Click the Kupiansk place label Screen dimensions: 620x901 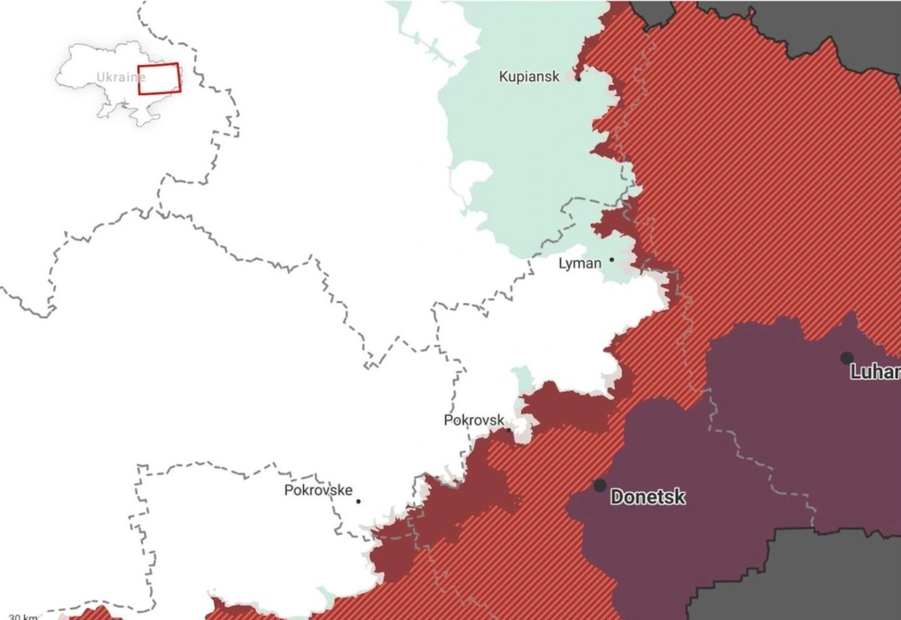tap(528, 78)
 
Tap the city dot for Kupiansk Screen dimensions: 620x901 tap(579, 78)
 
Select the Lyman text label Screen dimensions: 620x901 tap(579, 263)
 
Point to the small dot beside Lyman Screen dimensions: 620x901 tap(611, 261)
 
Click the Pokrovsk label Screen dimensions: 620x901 tap(473, 420)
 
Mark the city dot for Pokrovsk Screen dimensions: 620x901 tap(510, 423)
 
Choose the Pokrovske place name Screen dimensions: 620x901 tap(318, 490)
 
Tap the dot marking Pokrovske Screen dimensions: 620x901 tap(359, 502)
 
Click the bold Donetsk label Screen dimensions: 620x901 tap(647, 498)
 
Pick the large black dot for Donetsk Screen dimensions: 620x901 tap(600, 486)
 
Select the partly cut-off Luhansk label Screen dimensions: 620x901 tap(874, 373)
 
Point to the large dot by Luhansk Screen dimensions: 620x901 tap(846, 358)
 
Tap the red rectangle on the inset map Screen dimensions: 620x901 tap(158, 79)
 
